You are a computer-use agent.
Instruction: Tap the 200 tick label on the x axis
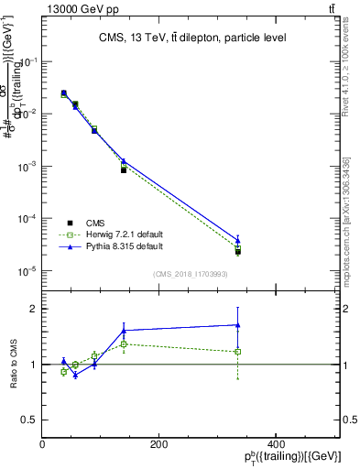pyautogui.click(x=158, y=444)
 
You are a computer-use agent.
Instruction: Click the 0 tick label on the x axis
pyautogui.click(x=43, y=444)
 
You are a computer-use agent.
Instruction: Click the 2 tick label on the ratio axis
pyautogui.click(x=34, y=309)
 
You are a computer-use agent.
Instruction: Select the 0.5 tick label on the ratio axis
pyautogui.click(x=29, y=420)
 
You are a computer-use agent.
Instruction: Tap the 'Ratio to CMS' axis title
pyautogui.click(x=14, y=364)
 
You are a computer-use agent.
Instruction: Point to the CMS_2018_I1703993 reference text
pyautogui.click(x=191, y=273)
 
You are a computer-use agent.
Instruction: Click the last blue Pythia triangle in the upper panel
pyautogui.click(x=237, y=240)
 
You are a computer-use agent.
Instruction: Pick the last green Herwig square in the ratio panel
pyautogui.click(x=237, y=352)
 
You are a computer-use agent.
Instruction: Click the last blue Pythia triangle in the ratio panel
pyautogui.click(x=237, y=324)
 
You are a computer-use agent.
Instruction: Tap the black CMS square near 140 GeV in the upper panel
pyautogui.click(x=124, y=170)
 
